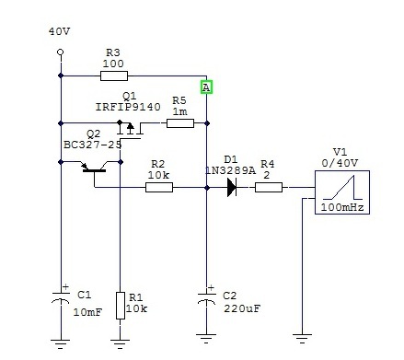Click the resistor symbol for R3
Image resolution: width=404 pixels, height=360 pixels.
(x=114, y=75)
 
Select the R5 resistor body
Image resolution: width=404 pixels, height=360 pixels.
(x=180, y=123)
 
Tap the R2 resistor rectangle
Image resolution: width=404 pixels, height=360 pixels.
(x=159, y=187)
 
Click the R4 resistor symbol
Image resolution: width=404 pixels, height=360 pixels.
(x=269, y=187)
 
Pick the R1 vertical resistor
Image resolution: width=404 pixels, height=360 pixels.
(x=121, y=306)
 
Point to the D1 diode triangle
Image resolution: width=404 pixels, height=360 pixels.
(x=232, y=187)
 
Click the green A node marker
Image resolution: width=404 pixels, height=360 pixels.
(x=206, y=87)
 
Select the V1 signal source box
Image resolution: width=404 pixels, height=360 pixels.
(x=342, y=192)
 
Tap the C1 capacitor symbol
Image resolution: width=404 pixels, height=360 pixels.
(x=61, y=298)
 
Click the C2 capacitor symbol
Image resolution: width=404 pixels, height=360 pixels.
(x=206, y=298)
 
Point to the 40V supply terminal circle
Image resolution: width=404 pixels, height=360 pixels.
(x=61, y=52)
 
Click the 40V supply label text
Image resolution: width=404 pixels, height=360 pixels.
(x=60, y=31)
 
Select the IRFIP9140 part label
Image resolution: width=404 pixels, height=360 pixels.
(x=128, y=107)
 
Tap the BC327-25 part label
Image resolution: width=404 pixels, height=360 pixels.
(x=93, y=145)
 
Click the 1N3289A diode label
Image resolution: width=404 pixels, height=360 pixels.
(x=230, y=170)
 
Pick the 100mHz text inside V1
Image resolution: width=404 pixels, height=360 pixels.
(x=342, y=207)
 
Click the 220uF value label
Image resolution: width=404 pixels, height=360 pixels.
(x=242, y=308)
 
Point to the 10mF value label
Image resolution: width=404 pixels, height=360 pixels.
(x=87, y=312)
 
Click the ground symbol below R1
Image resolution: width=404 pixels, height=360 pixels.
(x=120, y=344)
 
